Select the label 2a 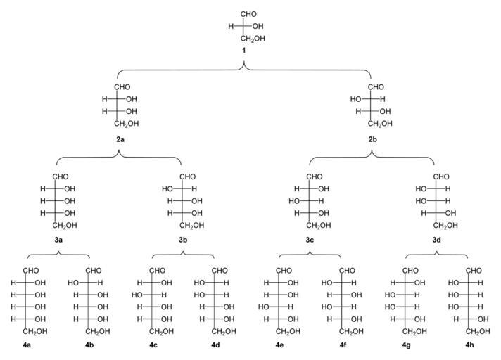120,139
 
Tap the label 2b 372,139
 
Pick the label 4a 27,346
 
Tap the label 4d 215,346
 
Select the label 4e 279,346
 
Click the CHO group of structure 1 248,13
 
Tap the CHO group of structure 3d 440,176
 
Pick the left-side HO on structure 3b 167,188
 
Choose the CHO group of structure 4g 411,270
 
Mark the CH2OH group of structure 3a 65,225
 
